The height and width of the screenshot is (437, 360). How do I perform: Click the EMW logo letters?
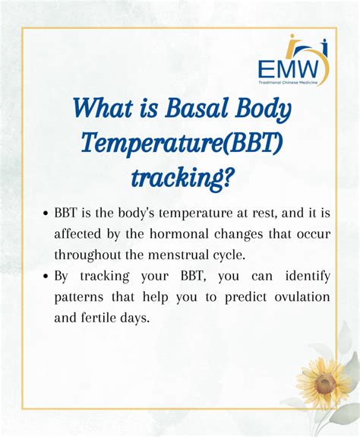point(288,70)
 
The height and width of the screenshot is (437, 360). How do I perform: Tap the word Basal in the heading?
point(195,109)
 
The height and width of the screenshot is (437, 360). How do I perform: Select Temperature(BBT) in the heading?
point(182,143)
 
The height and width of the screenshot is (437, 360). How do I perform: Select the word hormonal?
point(179,233)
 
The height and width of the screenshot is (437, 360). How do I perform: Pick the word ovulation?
point(302,296)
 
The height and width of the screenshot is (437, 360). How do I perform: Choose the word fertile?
point(98,318)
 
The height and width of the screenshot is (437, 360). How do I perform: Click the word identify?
point(308,276)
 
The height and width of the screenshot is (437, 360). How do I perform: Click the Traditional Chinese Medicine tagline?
point(288,83)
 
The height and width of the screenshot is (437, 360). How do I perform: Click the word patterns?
point(79,297)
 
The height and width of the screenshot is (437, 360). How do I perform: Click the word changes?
point(238,234)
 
